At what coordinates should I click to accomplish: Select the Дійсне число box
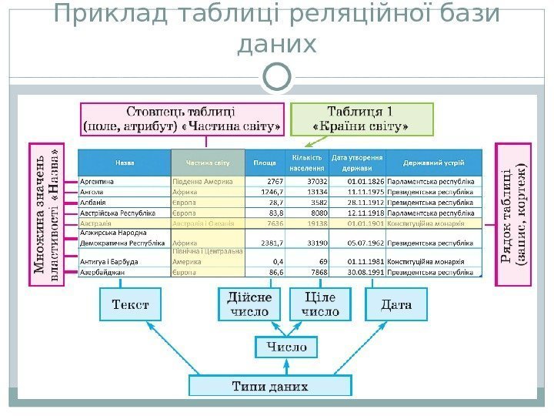pos(249,304)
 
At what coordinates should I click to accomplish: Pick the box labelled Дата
pos(395,305)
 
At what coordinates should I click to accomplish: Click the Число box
pos(286,347)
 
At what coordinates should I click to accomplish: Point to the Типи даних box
pos(270,385)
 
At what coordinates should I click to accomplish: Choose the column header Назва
pos(123,162)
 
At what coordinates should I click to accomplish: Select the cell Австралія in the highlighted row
pos(97,222)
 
